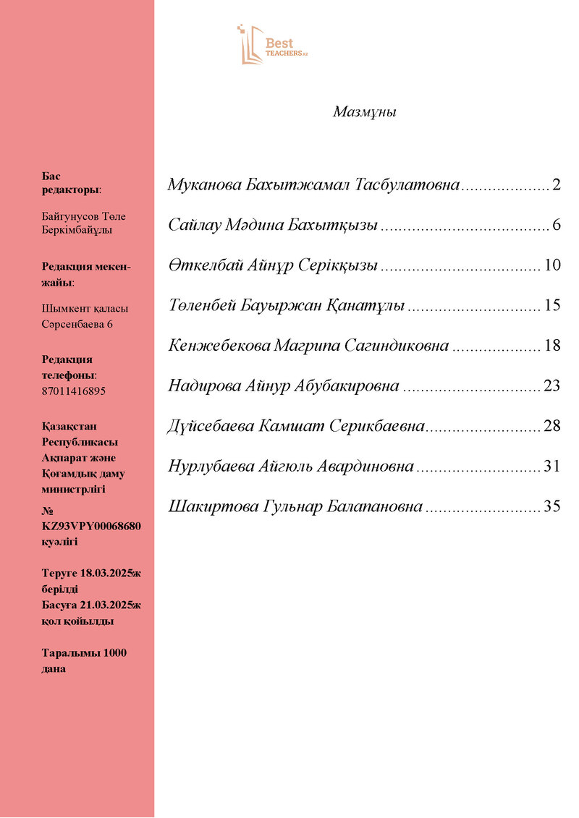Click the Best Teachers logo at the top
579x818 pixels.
[x=271, y=45]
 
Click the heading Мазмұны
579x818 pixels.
[x=365, y=112]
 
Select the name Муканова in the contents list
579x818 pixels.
[x=205, y=184]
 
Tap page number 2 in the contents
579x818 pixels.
[x=556, y=184]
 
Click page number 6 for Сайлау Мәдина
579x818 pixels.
[x=556, y=225]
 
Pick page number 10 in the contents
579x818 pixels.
[x=552, y=265]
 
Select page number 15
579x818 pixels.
[x=552, y=305]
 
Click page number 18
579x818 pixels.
[x=552, y=346]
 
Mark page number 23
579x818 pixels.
[x=552, y=386]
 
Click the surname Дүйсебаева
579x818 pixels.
[x=211, y=426]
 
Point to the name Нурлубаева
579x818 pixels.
[x=211, y=466]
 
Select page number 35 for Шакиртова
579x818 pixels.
[x=552, y=507]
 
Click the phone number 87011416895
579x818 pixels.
[x=74, y=391]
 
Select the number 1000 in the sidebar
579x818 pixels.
[x=115, y=653]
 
